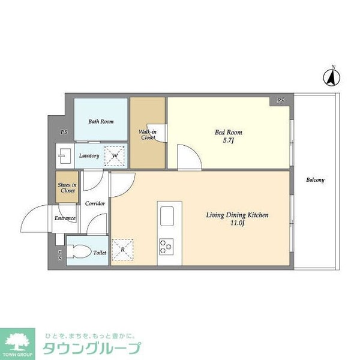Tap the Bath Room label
101,122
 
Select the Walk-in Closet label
148,134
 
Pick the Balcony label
315,180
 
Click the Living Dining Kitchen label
237,215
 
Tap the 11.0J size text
237,224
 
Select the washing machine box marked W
115,155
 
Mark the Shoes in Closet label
67,188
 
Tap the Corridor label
95,204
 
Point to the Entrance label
65,218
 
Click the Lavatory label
89,156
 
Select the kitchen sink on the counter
166,215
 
